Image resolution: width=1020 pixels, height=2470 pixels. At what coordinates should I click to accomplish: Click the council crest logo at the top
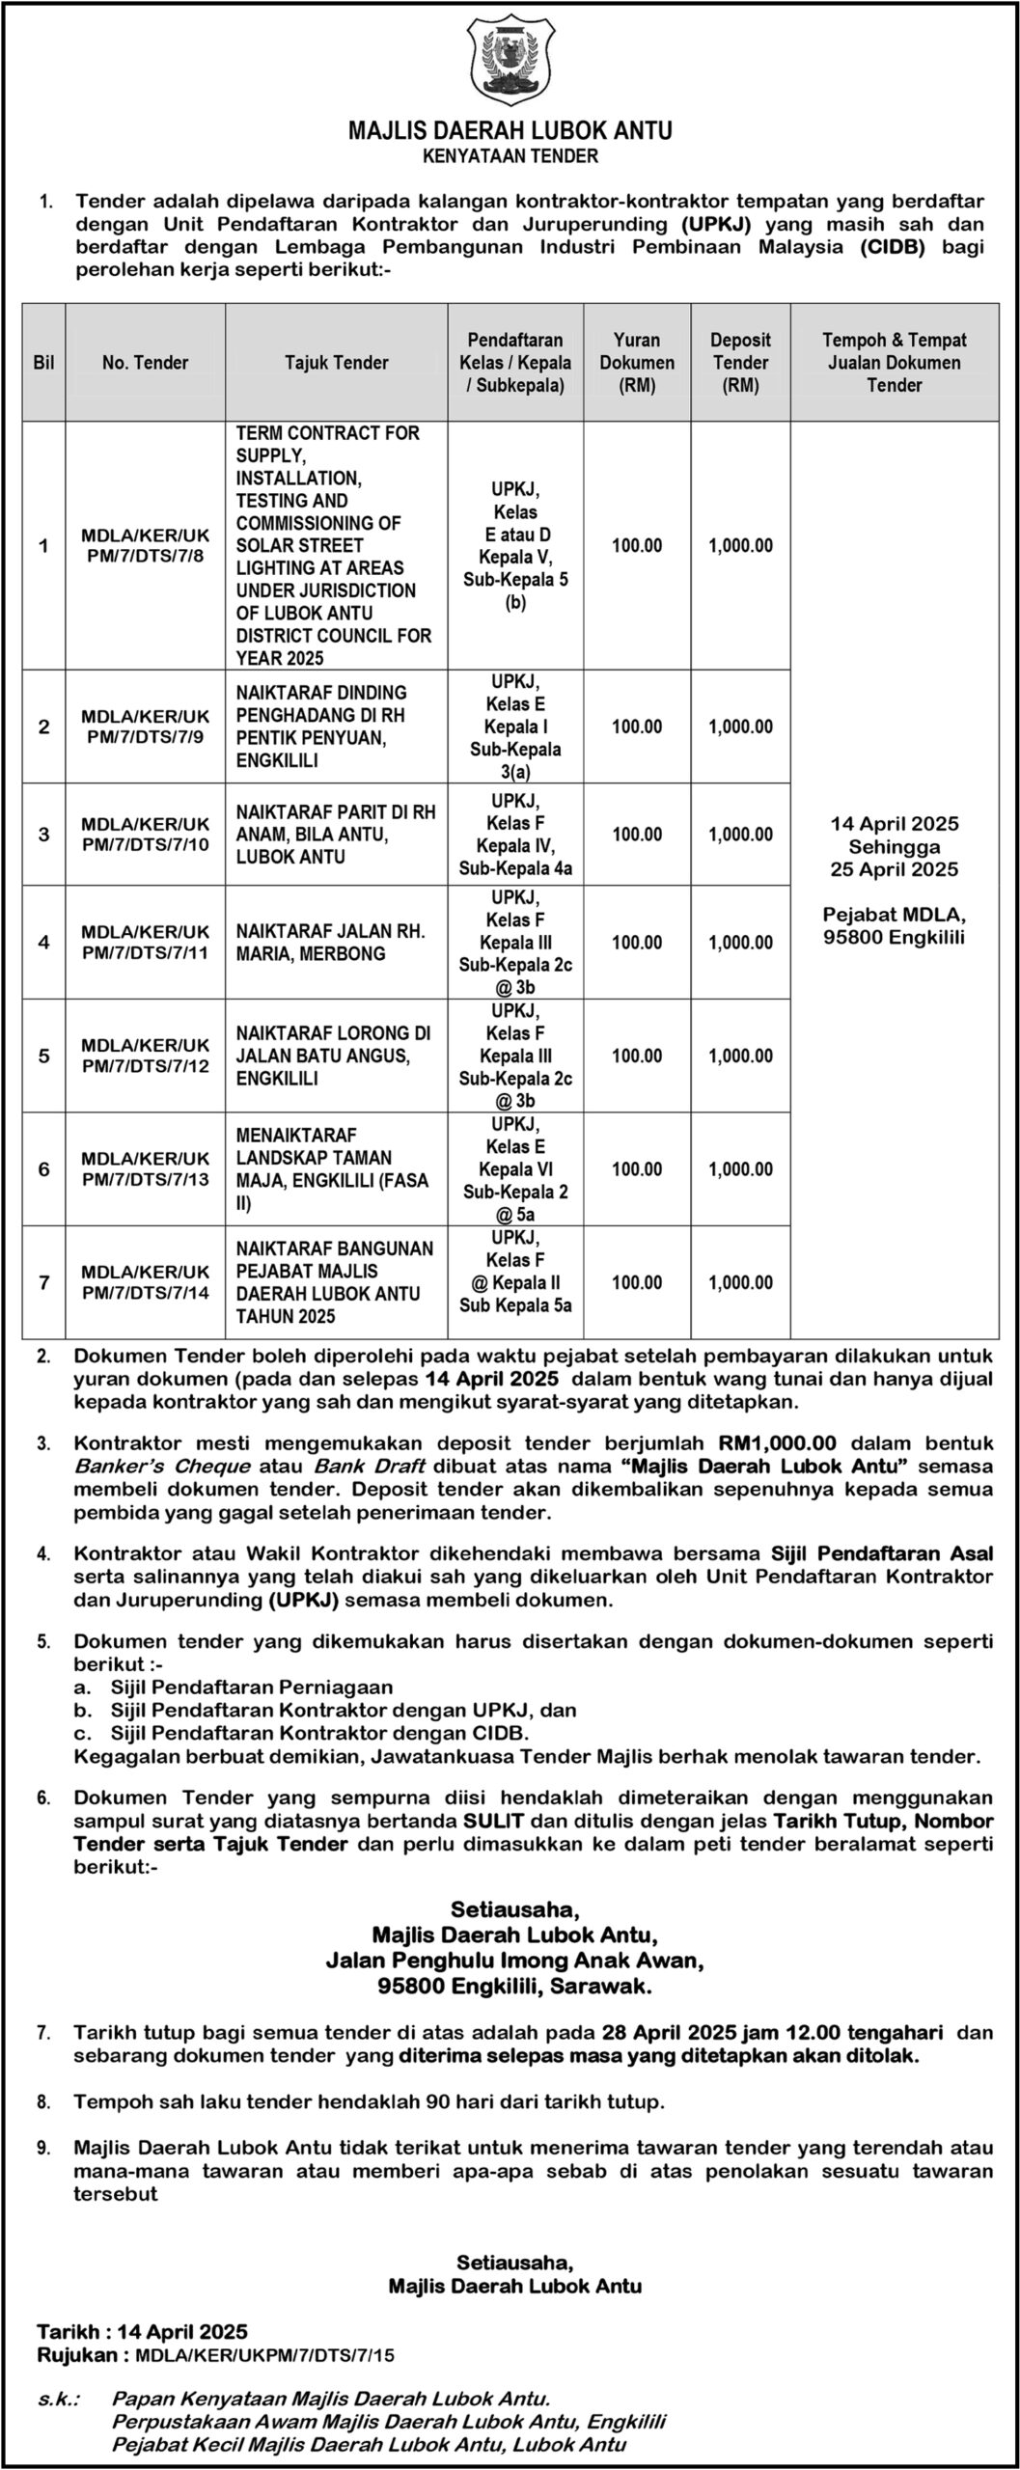coord(510,59)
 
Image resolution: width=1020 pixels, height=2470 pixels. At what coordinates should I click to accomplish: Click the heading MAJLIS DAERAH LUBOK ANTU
coord(510,130)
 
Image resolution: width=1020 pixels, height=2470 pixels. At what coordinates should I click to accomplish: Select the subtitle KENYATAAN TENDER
coord(510,155)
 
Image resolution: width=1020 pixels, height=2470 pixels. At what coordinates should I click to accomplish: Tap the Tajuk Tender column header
coord(336,363)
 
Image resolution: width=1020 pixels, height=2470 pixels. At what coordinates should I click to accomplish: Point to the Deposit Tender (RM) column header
coord(740,363)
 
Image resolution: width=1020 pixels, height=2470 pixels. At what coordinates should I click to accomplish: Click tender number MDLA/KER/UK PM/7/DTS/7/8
coord(145,546)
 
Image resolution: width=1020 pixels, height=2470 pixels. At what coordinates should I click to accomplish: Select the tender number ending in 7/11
coord(145,943)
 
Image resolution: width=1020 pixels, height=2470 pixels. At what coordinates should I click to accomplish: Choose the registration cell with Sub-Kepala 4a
coord(515,835)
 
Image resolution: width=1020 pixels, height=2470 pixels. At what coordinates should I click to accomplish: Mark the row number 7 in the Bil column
coord(43,1282)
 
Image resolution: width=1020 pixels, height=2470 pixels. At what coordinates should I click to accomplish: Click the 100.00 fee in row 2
coord(637,727)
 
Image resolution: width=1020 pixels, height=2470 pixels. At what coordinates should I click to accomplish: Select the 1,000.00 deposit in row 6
coord(740,1169)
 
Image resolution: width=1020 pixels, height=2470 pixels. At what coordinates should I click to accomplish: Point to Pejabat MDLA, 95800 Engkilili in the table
coord(894,925)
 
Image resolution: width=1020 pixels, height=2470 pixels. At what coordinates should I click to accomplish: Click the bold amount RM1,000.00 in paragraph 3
coord(779,1444)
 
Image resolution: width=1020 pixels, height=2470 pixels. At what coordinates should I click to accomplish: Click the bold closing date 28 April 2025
coord(667,2032)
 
